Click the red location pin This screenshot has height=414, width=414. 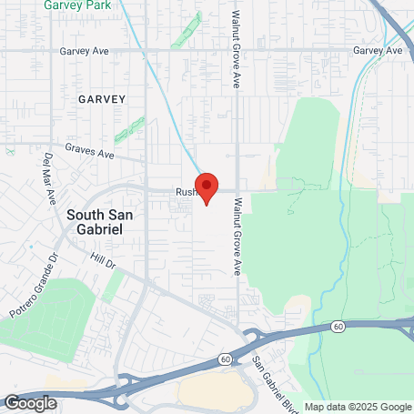(207, 187)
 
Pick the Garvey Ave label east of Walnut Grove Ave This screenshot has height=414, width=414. (377, 51)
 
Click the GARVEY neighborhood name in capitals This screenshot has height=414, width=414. (100, 97)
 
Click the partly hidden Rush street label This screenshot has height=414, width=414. (186, 192)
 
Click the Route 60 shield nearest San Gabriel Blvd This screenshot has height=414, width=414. (225, 359)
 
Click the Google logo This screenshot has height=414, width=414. (30, 402)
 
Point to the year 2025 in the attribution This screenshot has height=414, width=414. (351, 407)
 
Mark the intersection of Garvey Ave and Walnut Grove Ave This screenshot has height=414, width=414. (237, 51)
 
